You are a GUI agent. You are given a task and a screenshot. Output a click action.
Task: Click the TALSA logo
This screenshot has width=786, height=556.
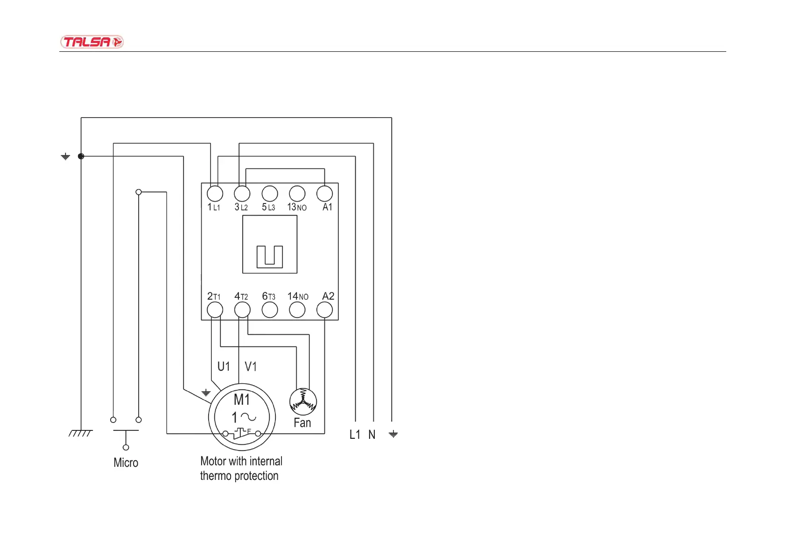pos(91,42)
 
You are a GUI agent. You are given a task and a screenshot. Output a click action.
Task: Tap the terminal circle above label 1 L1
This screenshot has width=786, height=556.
pos(215,193)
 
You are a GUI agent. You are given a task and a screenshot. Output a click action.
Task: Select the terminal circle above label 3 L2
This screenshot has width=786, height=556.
pos(242,193)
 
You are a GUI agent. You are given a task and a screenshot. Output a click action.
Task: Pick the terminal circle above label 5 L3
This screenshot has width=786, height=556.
pos(270,193)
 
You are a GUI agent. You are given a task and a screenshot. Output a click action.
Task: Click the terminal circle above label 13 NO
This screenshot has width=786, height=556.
pos(297,193)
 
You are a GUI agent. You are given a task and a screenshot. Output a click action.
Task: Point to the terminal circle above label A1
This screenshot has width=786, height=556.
pos(325,193)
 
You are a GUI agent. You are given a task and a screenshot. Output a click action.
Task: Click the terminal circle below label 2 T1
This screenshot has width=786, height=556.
pos(215,310)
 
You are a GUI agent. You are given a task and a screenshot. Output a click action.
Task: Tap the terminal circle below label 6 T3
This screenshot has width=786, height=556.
pos(270,310)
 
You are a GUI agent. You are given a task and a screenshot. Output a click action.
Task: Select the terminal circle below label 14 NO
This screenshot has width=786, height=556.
pos(297,310)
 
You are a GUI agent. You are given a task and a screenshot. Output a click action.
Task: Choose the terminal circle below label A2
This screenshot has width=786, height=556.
pos(325,310)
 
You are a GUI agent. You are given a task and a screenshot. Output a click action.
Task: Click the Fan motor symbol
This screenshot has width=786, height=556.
pos(303,401)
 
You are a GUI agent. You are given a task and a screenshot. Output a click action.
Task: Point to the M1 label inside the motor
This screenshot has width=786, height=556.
pos(242,400)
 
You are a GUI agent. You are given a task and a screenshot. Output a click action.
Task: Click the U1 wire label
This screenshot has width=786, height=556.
pos(224,367)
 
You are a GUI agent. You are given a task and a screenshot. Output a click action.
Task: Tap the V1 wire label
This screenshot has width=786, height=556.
pos(251,367)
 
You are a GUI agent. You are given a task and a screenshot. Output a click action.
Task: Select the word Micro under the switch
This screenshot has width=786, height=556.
pos(126,463)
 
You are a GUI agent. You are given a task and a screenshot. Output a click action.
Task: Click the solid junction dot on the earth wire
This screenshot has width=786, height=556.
pos(81,156)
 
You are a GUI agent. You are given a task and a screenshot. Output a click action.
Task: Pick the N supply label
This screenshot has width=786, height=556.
pos(372,435)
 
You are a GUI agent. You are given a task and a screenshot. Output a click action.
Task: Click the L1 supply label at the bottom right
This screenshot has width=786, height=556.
pos(355,435)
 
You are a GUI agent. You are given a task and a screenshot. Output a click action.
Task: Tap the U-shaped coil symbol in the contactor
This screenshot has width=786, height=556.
pos(270,256)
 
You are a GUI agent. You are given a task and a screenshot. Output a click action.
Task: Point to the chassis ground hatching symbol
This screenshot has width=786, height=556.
pos(80,434)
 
